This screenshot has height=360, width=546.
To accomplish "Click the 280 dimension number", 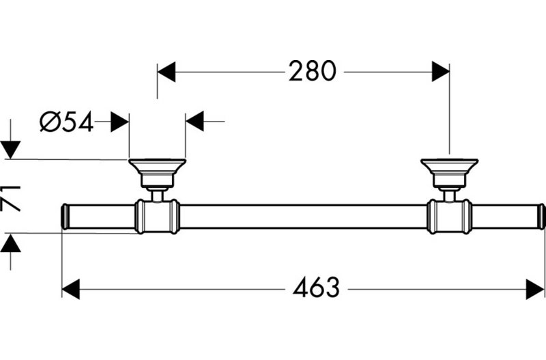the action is pyautogui.click(x=313, y=72).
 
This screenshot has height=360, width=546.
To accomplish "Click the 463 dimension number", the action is pyautogui.click(x=316, y=288).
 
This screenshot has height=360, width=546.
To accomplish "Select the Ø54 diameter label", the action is pyautogui.click(x=66, y=122).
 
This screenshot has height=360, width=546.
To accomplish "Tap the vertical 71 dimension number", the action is pyautogui.click(x=11, y=199).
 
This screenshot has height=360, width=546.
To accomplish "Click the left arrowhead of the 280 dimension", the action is pyautogui.click(x=166, y=72).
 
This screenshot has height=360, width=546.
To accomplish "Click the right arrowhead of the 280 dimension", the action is pyautogui.click(x=440, y=72).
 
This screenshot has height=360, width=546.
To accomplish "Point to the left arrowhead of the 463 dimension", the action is pyautogui.click(x=71, y=289).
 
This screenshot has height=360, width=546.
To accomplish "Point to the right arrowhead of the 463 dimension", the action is pyautogui.click(x=535, y=289).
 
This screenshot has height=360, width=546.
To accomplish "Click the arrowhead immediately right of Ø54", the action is pyautogui.click(x=120, y=122).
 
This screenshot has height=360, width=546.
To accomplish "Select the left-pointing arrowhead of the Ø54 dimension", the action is pyautogui.click(x=195, y=122).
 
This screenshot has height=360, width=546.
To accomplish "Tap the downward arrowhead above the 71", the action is pyautogui.click(x=10, y=150).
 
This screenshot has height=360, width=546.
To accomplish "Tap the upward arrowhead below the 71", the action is pyautogui.click(x=10, y=243).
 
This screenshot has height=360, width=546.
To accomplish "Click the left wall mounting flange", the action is pyautogui.click(x=157, y=174).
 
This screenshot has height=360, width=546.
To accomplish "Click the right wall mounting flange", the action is pyautogui.click(x=449, y=174).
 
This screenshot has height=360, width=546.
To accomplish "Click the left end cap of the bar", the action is pyautogui.click(x=64, y=217).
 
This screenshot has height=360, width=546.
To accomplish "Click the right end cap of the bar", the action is pyautogui.click(x=542, y=217).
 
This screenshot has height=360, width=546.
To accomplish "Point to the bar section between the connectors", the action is pyautogui.click(x=303, y=217).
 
